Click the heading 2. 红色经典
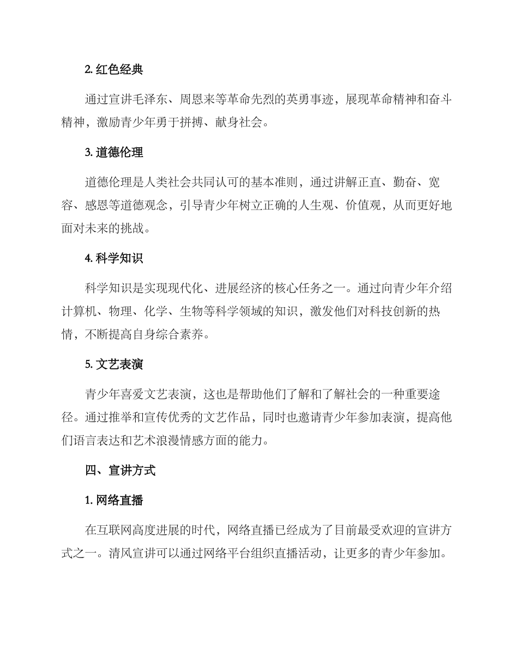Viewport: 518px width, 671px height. coord(114,70)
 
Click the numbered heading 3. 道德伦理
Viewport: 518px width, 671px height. coord(114,153)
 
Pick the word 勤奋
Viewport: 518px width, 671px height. coord(403,182)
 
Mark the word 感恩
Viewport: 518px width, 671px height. coord(97,206)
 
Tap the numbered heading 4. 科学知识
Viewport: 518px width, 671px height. coord(114,259)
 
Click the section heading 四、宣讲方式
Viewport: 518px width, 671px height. coord(120,471)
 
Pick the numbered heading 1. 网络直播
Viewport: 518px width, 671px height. coord(114,500)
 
